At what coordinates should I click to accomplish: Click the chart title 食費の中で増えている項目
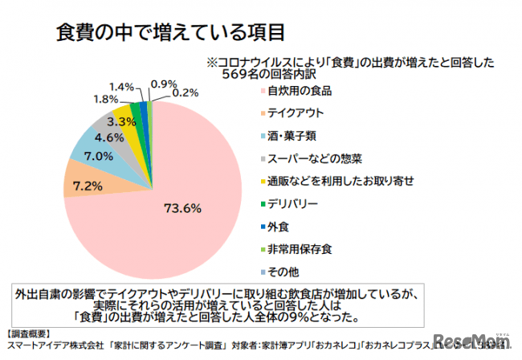(x=171, y=33)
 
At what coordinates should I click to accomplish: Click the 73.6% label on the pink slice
(x=181, y=208)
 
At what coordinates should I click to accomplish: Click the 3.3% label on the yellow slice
(x=120, y=121)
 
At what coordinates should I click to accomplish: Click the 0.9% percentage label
(x=164, y=84)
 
